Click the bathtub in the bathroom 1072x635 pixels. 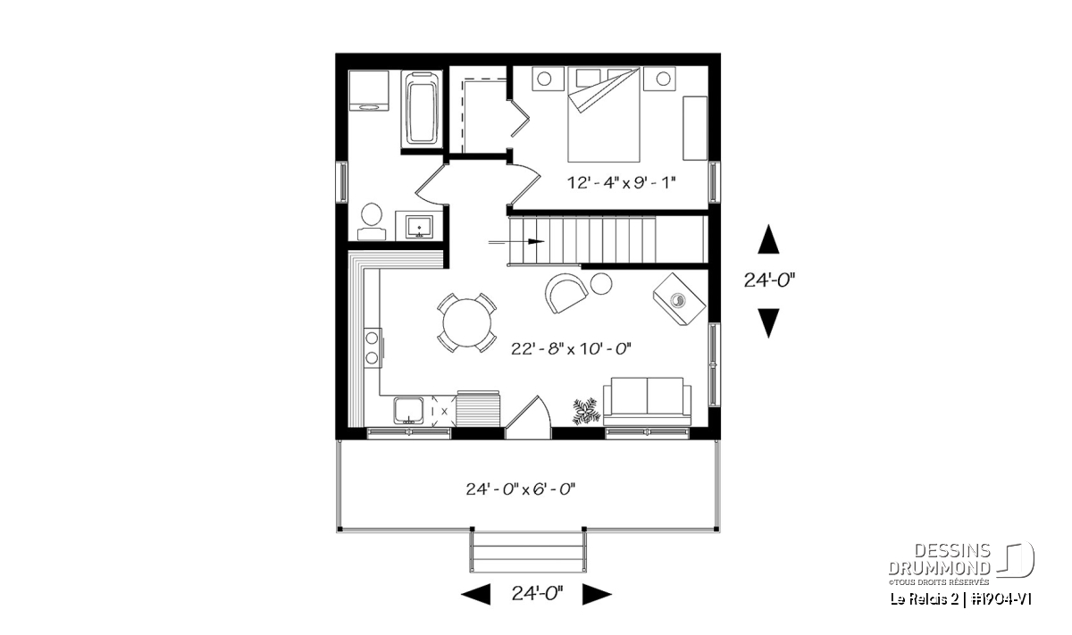point(422,109)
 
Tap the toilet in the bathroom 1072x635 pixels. point(372,222)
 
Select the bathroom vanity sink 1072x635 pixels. point(419,226)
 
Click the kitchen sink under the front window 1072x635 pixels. point(408,411)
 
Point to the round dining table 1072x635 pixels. point(466,322)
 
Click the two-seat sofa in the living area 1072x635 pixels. point(647,401)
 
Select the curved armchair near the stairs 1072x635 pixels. point(565,293)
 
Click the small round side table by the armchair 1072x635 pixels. point(601,284)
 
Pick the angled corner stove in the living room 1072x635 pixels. point(679,299)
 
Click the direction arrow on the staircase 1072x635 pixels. point(516,242)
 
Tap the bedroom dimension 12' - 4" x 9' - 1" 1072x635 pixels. point(621,182)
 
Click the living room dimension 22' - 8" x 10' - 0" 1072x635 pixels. point(571,349)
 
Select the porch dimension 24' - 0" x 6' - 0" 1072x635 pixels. point(520,489)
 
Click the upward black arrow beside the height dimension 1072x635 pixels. point(768,238)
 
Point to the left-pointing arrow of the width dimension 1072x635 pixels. point(475,594)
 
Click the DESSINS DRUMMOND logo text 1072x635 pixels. point(939,559)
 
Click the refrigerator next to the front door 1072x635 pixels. point(478,408)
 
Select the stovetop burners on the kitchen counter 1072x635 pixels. point(373,348)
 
